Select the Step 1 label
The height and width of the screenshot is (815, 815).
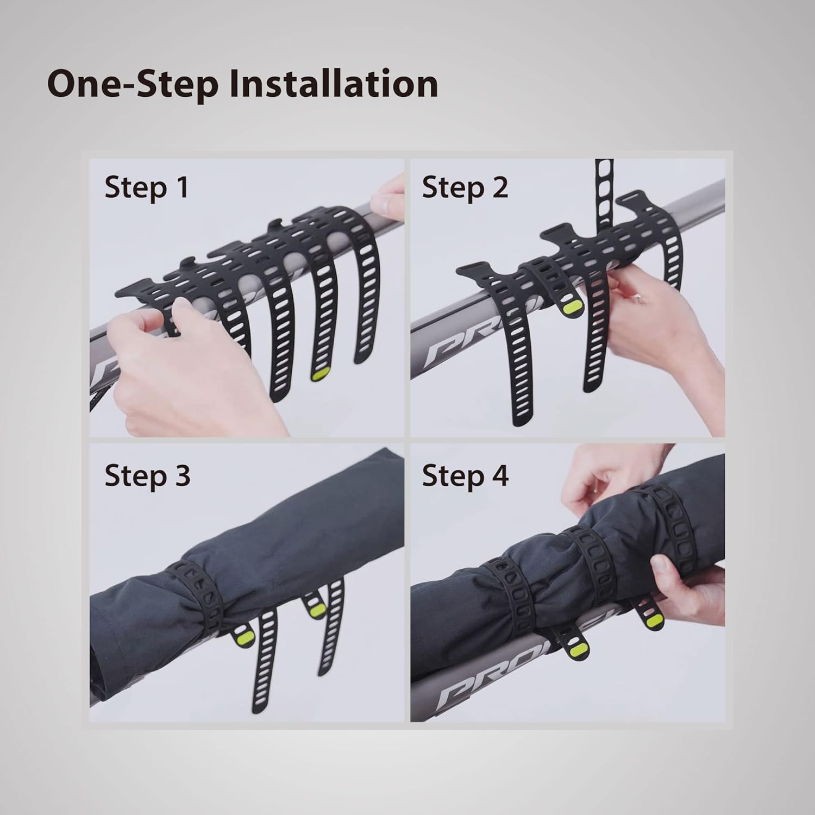(146, 187)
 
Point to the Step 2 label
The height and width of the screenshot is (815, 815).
(465, 187)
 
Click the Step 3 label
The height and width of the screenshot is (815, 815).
(147, 475)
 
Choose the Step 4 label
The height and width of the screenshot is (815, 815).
(465, 475)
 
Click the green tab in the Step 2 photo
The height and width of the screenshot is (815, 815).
(570, 308)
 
